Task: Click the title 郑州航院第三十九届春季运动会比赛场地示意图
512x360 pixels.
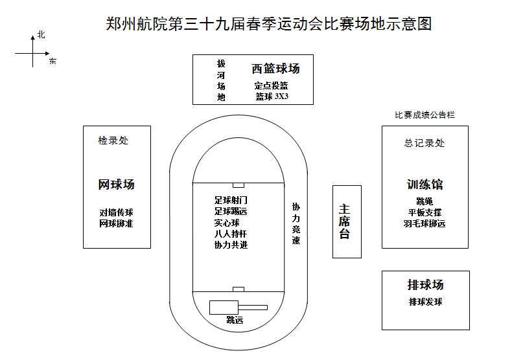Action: point(268,24)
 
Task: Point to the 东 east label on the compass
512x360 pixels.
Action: point(52,62)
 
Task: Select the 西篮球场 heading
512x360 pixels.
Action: point(275,69)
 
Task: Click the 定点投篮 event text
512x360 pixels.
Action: point(271,85)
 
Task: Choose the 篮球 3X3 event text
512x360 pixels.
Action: point(272,96)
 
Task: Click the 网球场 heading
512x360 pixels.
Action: point(117,185)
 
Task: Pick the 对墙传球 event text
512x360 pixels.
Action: point(116,212)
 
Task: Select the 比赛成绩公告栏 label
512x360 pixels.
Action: point(425,115)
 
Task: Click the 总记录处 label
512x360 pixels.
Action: point(425,143)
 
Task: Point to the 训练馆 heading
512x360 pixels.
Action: point(425,185)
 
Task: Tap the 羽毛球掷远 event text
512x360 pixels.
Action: point(425,224)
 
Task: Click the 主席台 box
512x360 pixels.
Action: point(345,221)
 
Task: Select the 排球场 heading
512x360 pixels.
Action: point(426,285)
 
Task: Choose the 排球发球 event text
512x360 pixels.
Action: point(426,302)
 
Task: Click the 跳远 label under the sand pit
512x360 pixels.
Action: point(235,320)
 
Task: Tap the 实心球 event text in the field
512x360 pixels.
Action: point(227,222)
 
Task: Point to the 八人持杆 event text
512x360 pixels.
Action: point(231,234)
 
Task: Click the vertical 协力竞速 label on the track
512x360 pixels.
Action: point(296,223)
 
